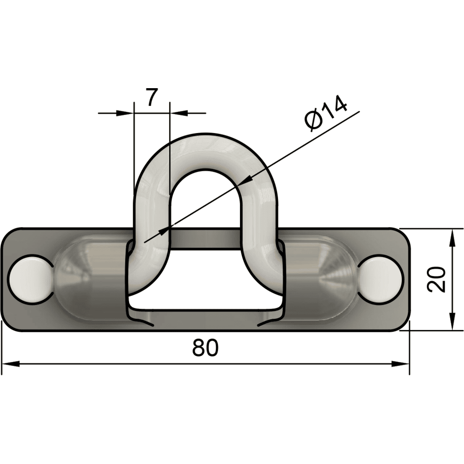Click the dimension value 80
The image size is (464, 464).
point(205,348)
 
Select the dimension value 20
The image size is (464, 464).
point(437,279)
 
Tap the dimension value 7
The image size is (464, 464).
point(152,98)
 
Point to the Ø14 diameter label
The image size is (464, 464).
point(326,114)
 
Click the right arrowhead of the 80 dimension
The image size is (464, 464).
point(401,364)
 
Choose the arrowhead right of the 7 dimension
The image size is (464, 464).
point(179,112)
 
